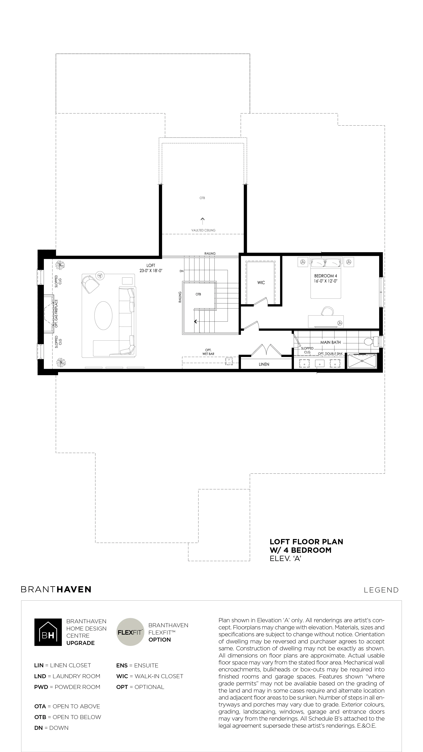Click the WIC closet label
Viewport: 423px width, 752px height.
[261, 283]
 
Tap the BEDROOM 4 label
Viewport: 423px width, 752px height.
[326, 276]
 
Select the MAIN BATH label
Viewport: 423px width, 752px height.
[330, 342]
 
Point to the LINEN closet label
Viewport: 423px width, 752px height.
[264, 364]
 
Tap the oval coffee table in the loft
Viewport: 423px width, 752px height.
[103, 316]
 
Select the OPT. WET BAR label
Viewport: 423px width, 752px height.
[208, 352]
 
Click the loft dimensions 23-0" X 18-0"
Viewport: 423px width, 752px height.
[151, 271]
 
